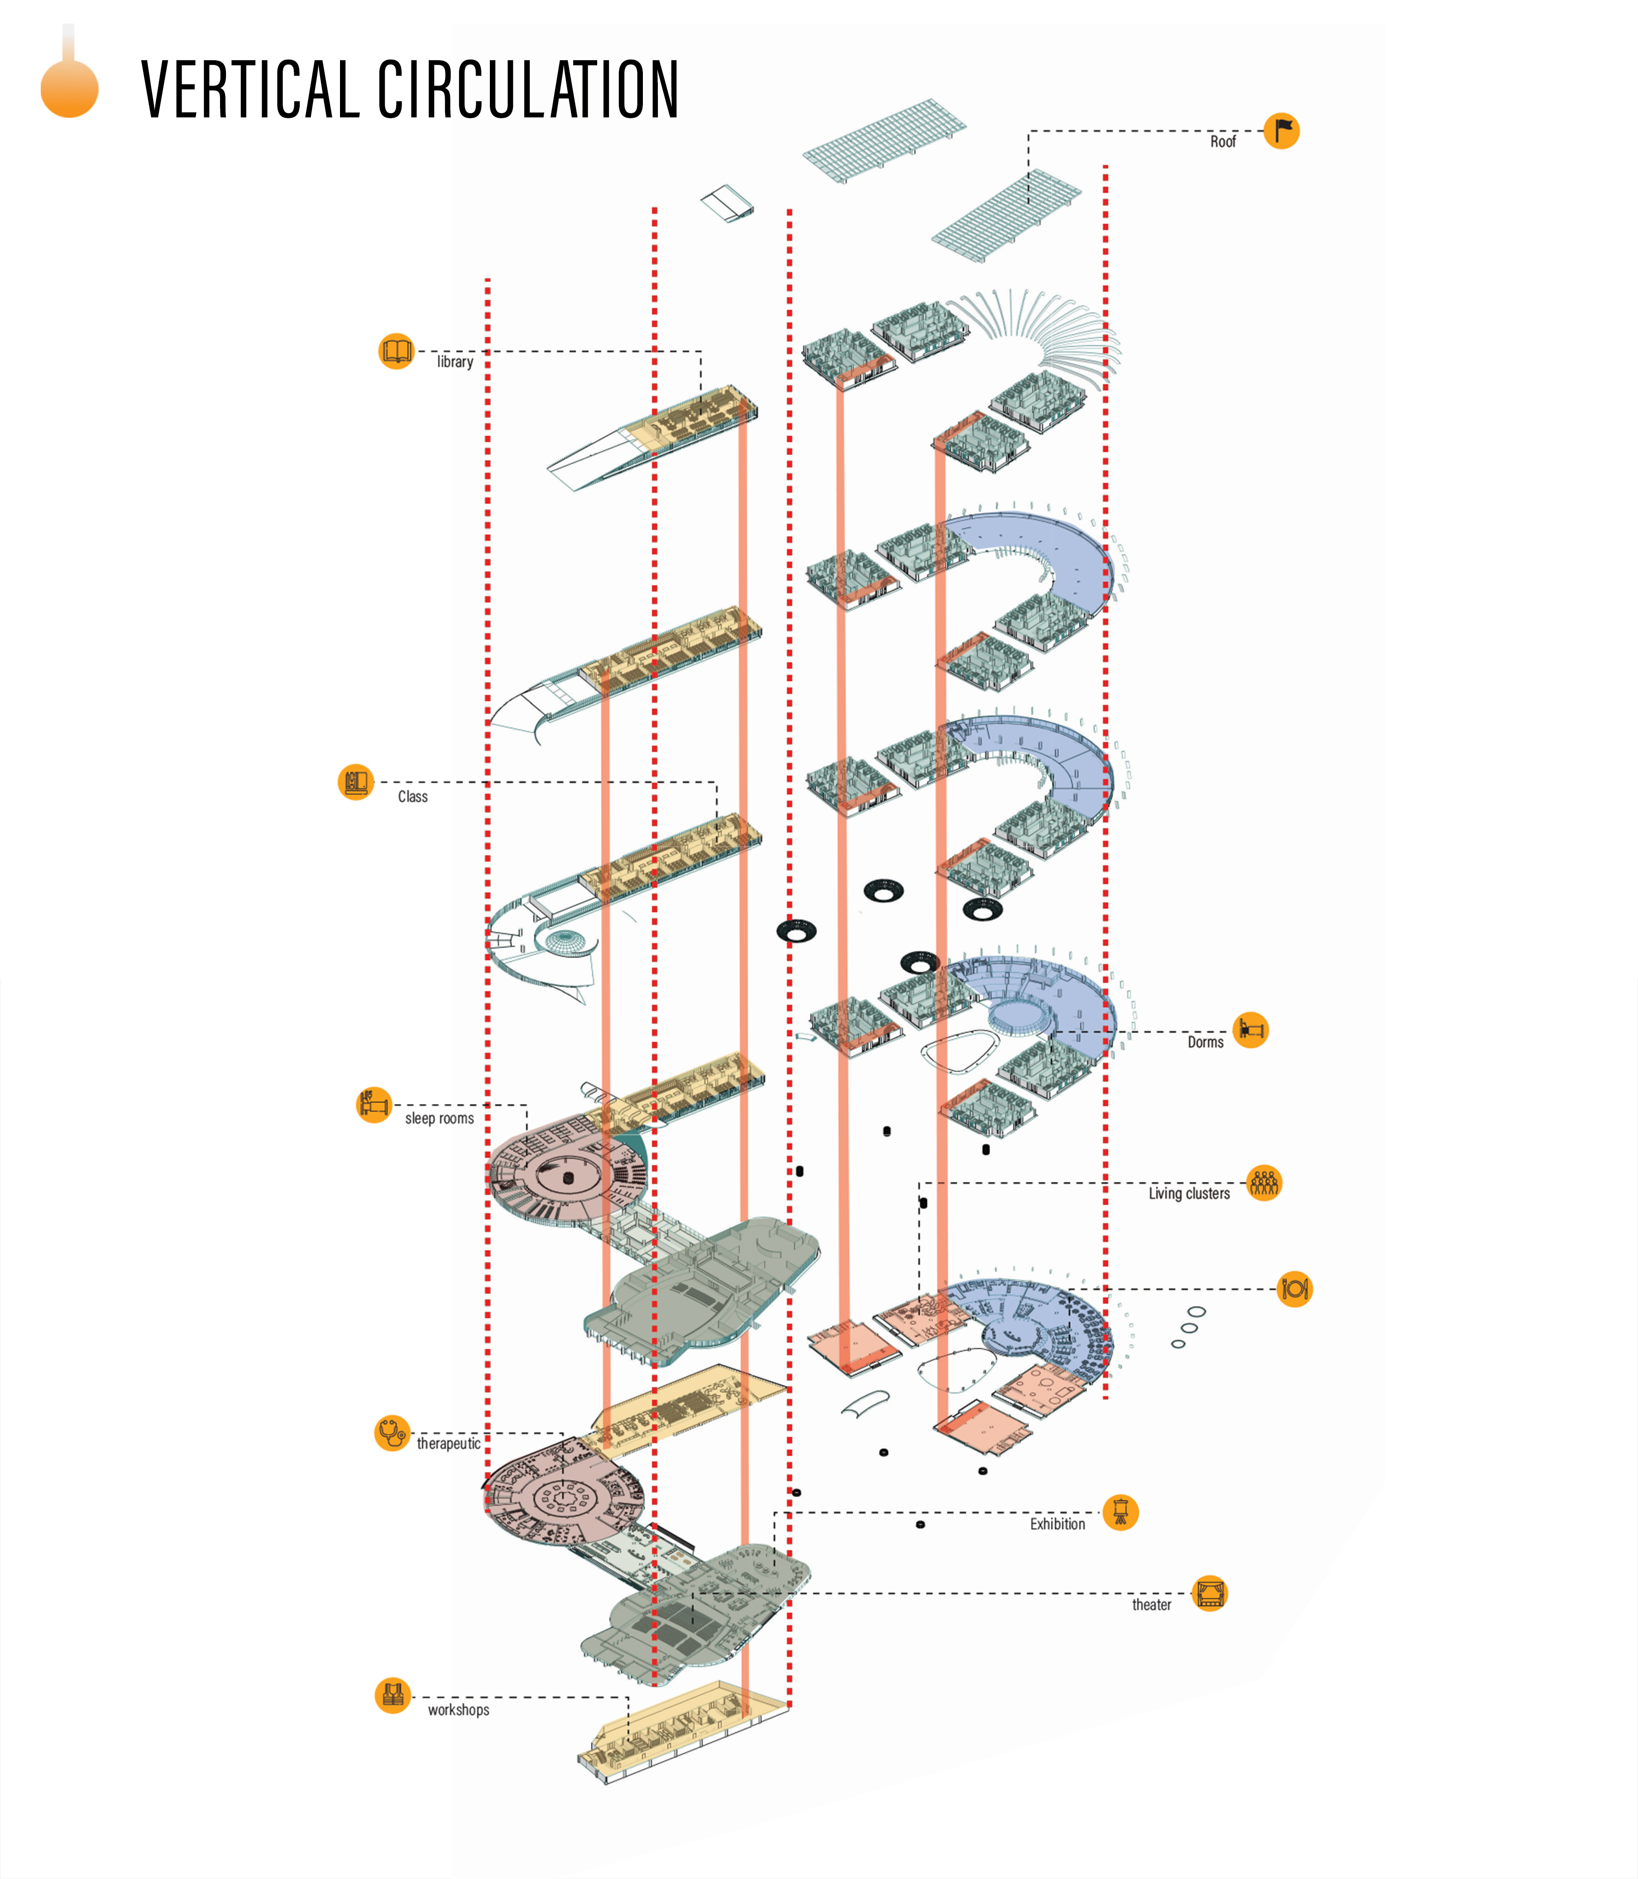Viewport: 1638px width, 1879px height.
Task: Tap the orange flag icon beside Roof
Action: pos(1282,131)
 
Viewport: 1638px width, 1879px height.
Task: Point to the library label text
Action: pos(454,362)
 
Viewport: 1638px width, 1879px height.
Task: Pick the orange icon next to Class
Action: pos(355,782)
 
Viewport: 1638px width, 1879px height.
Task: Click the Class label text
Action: pos(412,796)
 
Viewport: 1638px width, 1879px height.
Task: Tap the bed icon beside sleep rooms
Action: pos(373,1104)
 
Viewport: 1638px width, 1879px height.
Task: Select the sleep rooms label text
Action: pos(439,1118)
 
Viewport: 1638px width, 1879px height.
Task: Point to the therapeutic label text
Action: pos(448,1444)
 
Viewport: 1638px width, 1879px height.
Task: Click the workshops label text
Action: pos(458,1710)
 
